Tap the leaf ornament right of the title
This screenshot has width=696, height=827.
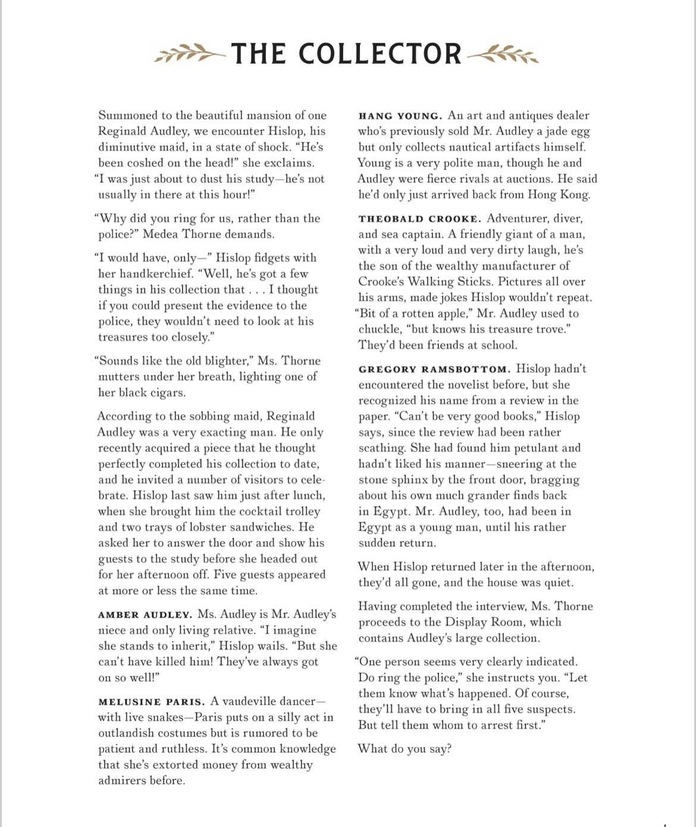pyautogui.click(x=503, y=54)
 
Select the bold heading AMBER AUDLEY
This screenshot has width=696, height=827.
pyautogui.click(x=145, y=615)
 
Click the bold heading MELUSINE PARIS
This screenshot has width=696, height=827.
pyautogui.click(x=152, y=701)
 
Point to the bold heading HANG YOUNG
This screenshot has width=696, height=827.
pyautogui.click(x=400, y=116)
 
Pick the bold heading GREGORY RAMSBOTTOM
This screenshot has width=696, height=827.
pyautogui.click(x=434, y=369)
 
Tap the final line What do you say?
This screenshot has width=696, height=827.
pyautogui.click(x=405, y=749)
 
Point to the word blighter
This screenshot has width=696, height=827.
pyautogui.click(x=211, y=361)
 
